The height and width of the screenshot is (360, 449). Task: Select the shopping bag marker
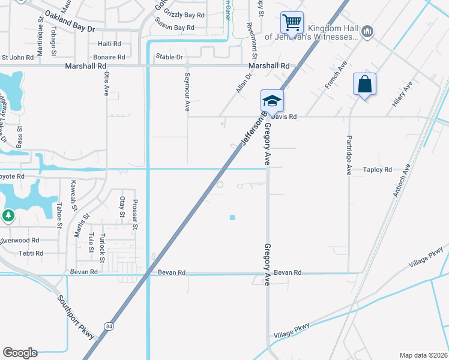coord(364,85)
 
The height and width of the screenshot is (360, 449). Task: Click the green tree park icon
coord(8,215)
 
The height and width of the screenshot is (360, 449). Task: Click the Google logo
coord(20,353)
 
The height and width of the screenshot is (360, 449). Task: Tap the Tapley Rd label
coord(377,170)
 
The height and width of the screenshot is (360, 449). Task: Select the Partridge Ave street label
coord(348,155)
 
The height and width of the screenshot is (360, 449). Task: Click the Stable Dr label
coord(169,57)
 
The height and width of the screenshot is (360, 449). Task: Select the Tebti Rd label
coord(31,253)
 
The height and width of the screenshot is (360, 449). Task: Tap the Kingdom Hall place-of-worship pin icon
coord(367,31)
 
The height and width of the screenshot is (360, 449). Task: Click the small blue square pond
coord(232,217)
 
